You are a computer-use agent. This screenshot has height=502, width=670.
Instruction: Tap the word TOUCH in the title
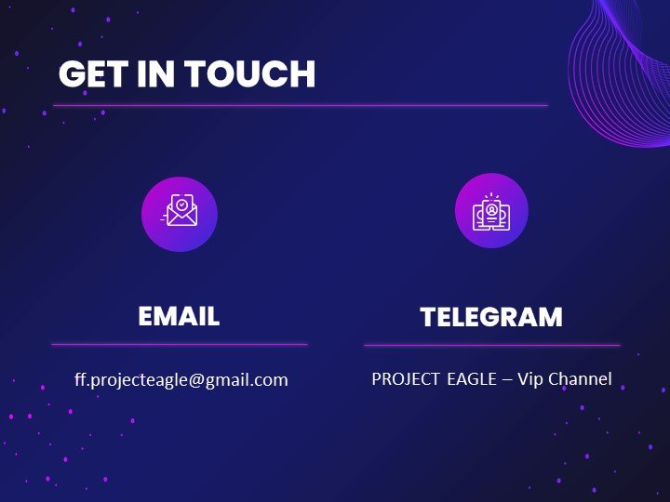(250, 73)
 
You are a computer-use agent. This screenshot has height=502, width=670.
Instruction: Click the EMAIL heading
(179, 316)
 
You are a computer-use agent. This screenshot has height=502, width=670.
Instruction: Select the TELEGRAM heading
(491, 317)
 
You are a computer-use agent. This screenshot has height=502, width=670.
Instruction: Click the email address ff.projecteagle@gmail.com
(181, 380)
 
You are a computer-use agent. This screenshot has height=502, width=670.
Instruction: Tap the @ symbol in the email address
(196, 380)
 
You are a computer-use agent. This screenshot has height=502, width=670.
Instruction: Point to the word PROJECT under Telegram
(405, 379)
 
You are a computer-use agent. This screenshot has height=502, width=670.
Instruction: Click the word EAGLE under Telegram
(472, 379)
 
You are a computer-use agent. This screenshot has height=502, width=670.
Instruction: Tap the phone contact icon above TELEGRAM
(491, 212)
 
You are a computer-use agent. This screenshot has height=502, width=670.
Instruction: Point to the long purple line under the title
(301, 105)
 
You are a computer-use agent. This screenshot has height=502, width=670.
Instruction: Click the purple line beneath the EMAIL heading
(180, 344)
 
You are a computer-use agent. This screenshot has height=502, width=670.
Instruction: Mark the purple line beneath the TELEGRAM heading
(492, 345)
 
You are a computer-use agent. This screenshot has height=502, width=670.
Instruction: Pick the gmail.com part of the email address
(247, 380)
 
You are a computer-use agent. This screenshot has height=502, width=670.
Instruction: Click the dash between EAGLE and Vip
(507, 380)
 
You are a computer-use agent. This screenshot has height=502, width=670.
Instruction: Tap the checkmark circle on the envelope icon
(182, 205)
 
